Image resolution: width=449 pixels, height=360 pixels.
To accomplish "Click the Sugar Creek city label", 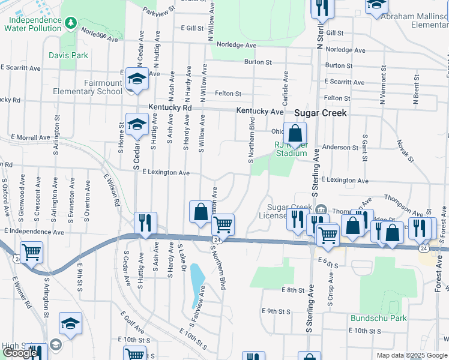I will [x=320, y=112].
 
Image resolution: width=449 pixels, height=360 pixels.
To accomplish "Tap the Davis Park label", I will [x=69, y=55].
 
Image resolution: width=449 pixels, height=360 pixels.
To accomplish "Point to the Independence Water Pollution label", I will [x=34, y=24].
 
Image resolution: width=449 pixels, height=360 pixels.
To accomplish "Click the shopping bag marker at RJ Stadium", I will [x=295, y=134].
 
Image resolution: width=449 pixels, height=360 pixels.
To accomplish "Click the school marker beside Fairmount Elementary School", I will [x=137, y=79].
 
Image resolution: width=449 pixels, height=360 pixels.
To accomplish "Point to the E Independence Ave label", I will [x=34, y=231].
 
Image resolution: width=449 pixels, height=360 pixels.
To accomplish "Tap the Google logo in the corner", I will [x=20, y=353].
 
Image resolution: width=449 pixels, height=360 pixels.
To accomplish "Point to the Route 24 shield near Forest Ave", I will [x=424, y=248].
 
